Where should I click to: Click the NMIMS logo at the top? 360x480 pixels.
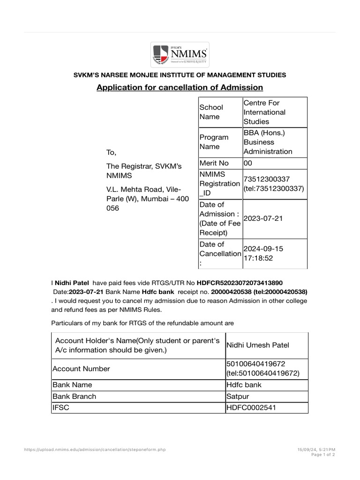pos(180,55)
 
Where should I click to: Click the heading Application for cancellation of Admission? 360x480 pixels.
pos(180,88)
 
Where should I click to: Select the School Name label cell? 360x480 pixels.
pos(211,112)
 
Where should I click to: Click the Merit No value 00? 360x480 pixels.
pos(248,163)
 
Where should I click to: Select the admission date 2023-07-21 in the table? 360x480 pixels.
pos(263,219)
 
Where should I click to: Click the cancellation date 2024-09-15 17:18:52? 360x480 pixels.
pos(263,253)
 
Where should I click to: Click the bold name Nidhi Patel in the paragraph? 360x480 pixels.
pos(72,283)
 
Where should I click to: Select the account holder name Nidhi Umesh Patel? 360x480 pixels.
pos(258,345)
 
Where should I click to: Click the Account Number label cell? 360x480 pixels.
pos(82,369)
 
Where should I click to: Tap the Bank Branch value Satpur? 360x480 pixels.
pos(238,397)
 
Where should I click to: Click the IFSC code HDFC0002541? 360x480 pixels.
pos(251,408)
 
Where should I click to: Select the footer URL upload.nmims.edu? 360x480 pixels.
pos(95,450)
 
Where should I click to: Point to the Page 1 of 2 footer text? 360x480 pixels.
pos(323,455)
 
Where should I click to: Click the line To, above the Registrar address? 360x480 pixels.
pos(111,153)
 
